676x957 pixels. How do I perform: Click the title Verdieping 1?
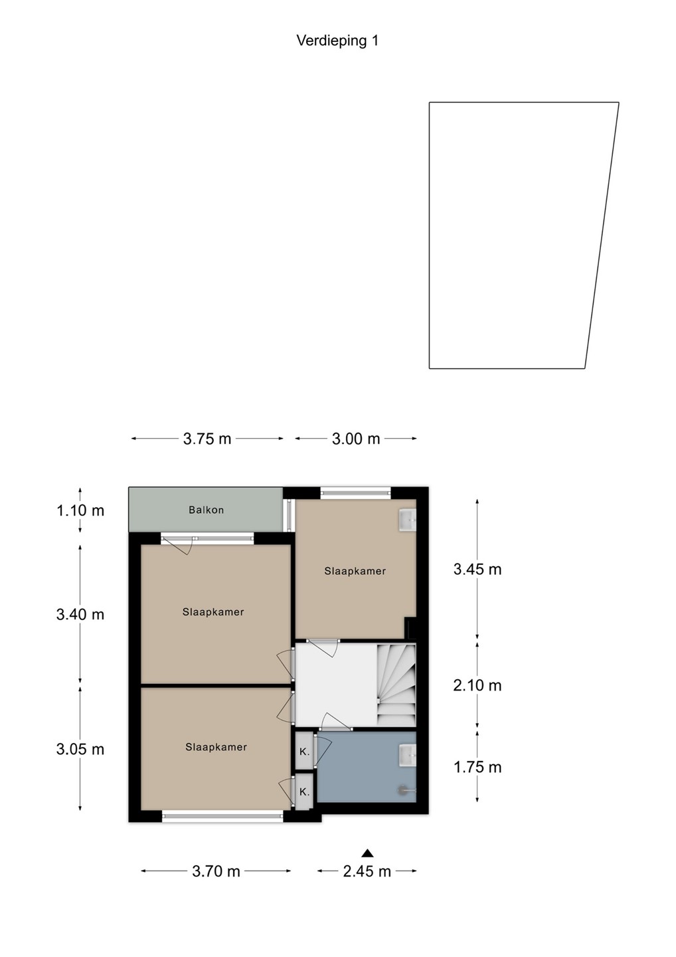[337, 41]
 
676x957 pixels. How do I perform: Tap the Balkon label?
[206, 510]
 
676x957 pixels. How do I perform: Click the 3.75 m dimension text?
[207, 439]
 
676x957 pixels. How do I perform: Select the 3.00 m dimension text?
[356, 439]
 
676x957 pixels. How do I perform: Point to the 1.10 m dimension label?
[80, 510]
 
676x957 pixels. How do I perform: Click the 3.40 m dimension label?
[80, 614]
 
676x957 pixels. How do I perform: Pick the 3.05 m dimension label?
[80, 749]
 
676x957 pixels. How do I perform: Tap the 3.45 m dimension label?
[477, 569]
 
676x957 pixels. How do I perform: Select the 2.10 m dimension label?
[477, 685]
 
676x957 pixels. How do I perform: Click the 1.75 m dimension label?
[477, 768]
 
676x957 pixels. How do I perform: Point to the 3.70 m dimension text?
[216, 871]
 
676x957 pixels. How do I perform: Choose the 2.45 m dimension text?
[367, 871]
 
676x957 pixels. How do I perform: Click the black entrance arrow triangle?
[367, 853]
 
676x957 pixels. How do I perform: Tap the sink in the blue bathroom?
[407, 756]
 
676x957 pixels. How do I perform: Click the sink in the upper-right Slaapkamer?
[407, 520]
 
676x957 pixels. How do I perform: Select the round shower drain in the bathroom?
[402, 790]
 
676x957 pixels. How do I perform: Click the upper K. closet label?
[304, 752]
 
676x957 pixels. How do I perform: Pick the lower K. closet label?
[304, 792]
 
